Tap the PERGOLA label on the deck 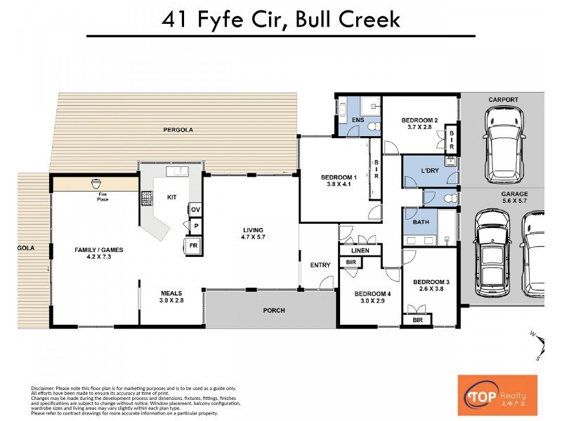(x=178, y=130)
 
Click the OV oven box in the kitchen (x=195, y=209)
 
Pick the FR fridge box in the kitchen (x=192, y=246)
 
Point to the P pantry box (x=195, y=226)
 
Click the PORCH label (x=274, y=310)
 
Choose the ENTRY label (x=320, y=265)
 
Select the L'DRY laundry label (x=429, y=172)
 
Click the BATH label (x=420, y=222)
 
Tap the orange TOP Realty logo (x=497, y=395)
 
